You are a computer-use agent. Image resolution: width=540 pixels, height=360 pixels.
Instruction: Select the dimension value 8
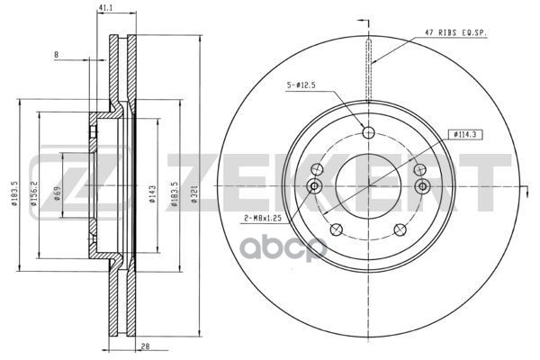(56, 54)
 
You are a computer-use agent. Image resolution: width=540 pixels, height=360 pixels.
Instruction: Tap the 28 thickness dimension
(146, 346)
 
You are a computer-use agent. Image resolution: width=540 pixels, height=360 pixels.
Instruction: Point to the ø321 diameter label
(194, 194)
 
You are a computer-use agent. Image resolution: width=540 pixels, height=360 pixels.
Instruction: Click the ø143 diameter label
(153, 194)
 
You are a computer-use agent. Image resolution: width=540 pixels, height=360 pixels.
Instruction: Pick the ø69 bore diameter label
(58, 193)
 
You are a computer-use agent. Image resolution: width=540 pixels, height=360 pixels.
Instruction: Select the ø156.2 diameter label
(34, 193)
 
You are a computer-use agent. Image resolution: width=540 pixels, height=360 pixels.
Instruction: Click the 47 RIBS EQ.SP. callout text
(454, 32)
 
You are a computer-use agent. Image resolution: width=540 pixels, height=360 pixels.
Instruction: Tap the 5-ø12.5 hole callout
(301, 85)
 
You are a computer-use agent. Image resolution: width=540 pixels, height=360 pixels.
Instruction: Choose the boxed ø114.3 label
(465, 135)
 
